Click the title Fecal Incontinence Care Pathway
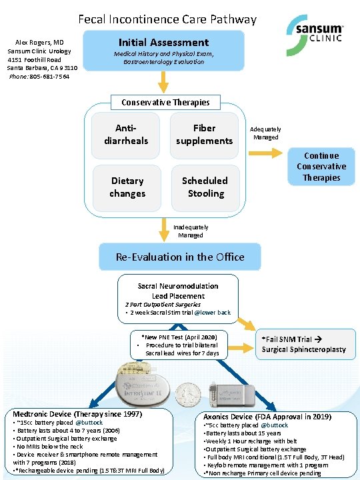[167, 19]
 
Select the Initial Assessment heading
[163, 42]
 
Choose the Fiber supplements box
[204, 134]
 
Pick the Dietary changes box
[127, 187]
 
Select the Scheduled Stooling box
[205, 187]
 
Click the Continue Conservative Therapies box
[321, 166]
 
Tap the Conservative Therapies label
[165, 102]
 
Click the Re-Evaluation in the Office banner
[180, 257]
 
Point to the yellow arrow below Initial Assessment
[163, 81]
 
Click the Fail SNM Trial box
[303, 344]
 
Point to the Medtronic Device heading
[77, 414]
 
